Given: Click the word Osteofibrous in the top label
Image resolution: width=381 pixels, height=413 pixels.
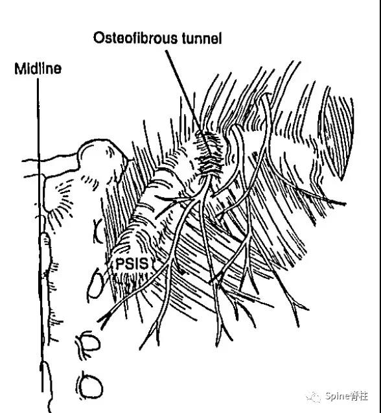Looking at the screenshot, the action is (135, 38).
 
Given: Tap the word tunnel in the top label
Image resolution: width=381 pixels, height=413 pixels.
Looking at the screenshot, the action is (202, 38).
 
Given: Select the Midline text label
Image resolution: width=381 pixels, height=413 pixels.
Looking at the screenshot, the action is (38, 69).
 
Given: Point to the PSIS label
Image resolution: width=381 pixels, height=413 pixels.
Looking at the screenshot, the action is (132, 264).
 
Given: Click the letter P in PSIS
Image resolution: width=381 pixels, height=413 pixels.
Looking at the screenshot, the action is (120, 264).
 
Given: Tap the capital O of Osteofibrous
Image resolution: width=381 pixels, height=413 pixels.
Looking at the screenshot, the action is (98, 38).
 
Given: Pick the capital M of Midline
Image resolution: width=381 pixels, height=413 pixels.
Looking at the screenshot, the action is (20, 69).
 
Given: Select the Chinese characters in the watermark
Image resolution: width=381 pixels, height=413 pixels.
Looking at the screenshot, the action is (359, 396).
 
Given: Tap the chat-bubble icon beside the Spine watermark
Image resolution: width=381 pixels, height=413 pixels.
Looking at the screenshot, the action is (314, 397).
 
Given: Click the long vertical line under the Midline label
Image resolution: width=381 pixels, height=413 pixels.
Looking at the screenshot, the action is (40, 235).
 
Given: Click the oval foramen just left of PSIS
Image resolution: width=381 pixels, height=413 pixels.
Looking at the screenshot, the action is (95, 285).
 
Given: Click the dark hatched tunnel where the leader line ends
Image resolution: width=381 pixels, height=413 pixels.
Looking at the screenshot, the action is (209, 153).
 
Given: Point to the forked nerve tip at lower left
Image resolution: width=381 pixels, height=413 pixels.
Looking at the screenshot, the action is (105, 318).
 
